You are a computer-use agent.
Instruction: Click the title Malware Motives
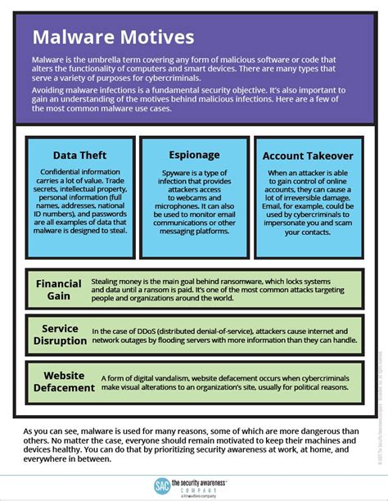[113, 38]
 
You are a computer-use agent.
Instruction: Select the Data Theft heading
[79, 155]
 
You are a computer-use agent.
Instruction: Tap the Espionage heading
[194, 154]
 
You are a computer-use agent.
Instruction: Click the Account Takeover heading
[308, 155]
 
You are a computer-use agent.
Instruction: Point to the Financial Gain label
[58, 289]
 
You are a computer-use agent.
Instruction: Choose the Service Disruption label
[60, 334]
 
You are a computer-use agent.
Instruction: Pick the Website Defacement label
[58, 381]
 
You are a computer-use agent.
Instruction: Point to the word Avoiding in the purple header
[50, 89]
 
